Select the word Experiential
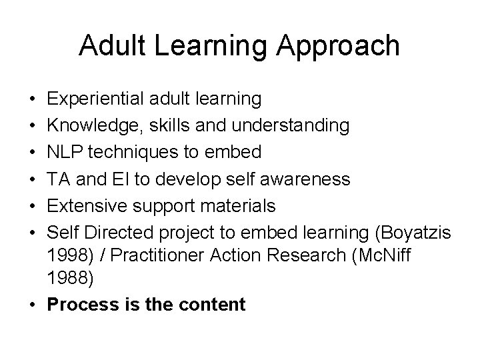pos(94,99)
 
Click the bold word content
pos(214,305)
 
